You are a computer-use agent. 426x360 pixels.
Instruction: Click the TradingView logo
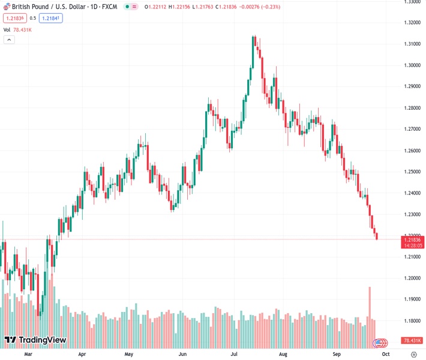[x=35, y=340]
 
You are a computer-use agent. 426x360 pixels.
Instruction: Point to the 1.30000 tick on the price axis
[x=412, y=65]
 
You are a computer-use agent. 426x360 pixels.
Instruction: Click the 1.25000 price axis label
[x=412, y=172]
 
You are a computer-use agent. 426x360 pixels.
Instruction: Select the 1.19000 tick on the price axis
[x=412, y=299]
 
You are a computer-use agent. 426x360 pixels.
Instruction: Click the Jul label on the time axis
[x=235, y=354]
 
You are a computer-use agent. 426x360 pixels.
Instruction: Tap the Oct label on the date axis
[x=385, y=354]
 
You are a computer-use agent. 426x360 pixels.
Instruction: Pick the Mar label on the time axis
[x=27, y=354]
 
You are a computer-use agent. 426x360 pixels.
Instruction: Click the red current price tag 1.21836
[x=412, y=239]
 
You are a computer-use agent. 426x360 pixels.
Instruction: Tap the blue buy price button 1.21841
[x=52, y=18]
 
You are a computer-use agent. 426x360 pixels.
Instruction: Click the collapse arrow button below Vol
[x=9, y=40]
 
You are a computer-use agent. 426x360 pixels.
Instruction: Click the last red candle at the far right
[x=377, y=236]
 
